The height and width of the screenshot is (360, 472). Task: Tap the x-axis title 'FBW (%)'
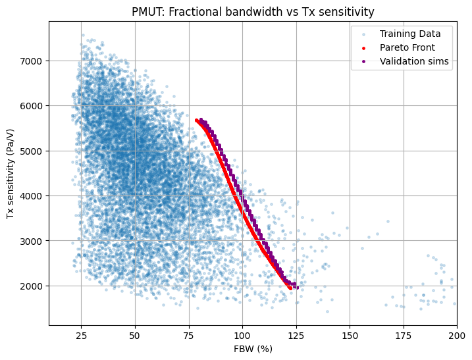coord(253,348)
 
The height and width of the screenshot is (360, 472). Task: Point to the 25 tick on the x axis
coord(81,334)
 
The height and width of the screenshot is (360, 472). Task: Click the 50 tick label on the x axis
coord(135,334)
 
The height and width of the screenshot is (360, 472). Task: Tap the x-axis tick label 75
coord(189,334)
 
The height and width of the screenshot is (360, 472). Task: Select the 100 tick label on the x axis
coord(242,334)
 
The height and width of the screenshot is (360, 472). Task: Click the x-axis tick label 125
coord(296,334)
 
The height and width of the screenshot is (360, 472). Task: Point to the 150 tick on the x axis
coord(350,334)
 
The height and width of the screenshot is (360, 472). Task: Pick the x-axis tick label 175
coord(404,334)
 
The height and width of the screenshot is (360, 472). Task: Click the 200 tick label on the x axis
coord(457,334)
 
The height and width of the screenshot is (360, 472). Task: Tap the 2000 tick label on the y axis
coord(34,286)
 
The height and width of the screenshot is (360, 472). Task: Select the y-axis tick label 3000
coord(34,241)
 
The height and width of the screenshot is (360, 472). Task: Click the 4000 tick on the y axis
coord(34,196)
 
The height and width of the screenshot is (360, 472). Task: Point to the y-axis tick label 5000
coord(34,151)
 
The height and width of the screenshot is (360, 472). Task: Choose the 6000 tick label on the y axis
coord(34,106)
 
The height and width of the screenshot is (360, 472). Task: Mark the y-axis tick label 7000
coord(34,61)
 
